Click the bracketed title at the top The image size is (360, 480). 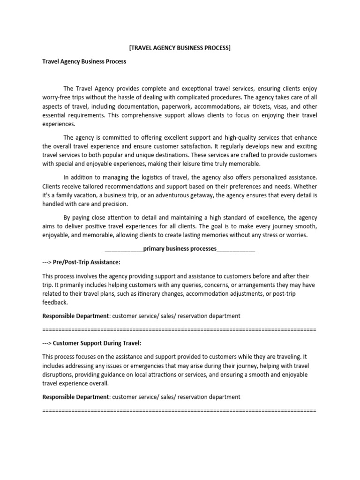180,48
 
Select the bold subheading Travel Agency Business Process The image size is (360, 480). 84,61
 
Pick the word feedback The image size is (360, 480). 55,303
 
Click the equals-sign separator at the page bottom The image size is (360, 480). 180,410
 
